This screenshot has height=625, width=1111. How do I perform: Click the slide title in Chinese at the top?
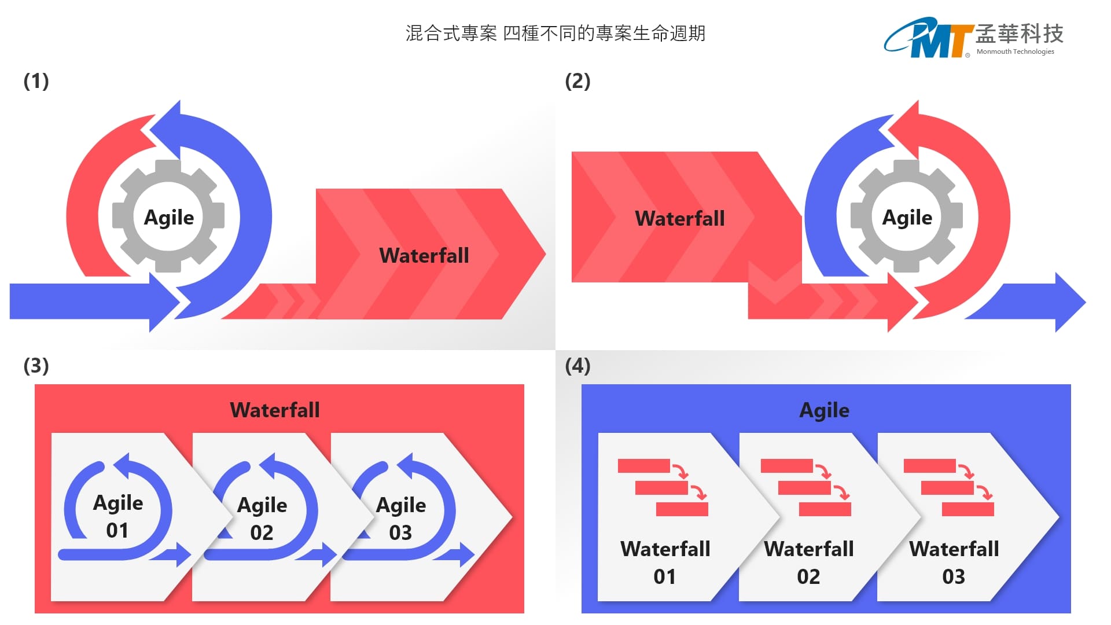[x=555, y=34]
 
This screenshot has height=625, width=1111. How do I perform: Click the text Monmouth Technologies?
[x=1015, y=52]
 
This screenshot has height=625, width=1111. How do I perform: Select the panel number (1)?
[x=36, y=81]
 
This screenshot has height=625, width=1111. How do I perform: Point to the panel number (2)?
[x=577, y=81]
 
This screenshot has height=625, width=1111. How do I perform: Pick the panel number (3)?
[x=36, y=366]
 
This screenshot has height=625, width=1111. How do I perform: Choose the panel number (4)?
[x=577, y=366]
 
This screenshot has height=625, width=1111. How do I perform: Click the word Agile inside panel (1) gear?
[x=168, y=218]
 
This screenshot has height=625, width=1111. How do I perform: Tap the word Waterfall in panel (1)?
[x=424, y=255]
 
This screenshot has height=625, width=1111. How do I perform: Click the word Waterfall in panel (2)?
[x=679, y=218]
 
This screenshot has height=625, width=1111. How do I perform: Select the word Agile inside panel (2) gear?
[x=907, y=218]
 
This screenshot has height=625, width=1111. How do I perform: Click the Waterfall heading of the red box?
[x=274, y=410]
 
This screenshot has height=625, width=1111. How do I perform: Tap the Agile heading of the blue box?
[x=824, y=410]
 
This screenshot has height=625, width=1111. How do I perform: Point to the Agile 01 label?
[x=118, y=516]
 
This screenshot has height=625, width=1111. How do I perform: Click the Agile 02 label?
[x=262, y=518]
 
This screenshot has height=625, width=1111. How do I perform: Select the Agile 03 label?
[x=401, y=518]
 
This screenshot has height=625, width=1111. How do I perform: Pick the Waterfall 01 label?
[x=665, y=562]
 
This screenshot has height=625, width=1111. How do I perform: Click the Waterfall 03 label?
[x=954, y=562]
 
